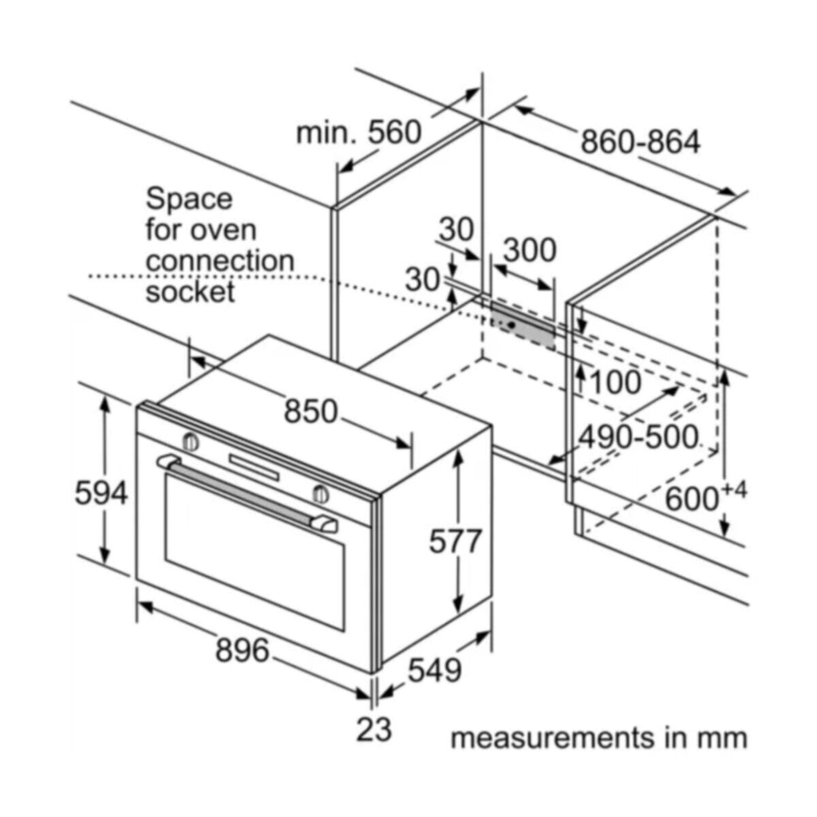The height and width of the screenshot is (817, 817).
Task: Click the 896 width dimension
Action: [242, 650]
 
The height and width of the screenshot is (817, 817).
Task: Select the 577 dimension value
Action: [456, 542]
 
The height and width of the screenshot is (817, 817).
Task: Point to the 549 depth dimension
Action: [435, 670]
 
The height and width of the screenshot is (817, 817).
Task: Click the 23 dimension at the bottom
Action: [373, 728]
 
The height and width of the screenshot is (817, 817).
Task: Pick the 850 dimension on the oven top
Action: [311, 412]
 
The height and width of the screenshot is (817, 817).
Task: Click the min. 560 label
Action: [358, 132]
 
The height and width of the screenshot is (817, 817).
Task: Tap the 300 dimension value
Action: [530, 251]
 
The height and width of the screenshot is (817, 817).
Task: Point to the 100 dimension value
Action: [616, 383]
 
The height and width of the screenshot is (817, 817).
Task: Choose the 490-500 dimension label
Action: [638, 437]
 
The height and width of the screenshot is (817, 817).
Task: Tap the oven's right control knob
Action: [321, 492]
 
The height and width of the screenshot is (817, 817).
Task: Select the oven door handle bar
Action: [247, 492]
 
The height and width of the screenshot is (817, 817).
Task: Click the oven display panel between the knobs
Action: [255, 467]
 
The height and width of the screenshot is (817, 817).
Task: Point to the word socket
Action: [190, 292]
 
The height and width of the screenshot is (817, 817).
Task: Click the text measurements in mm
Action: [598, 738]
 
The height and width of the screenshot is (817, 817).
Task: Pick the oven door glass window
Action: [254, 551]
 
